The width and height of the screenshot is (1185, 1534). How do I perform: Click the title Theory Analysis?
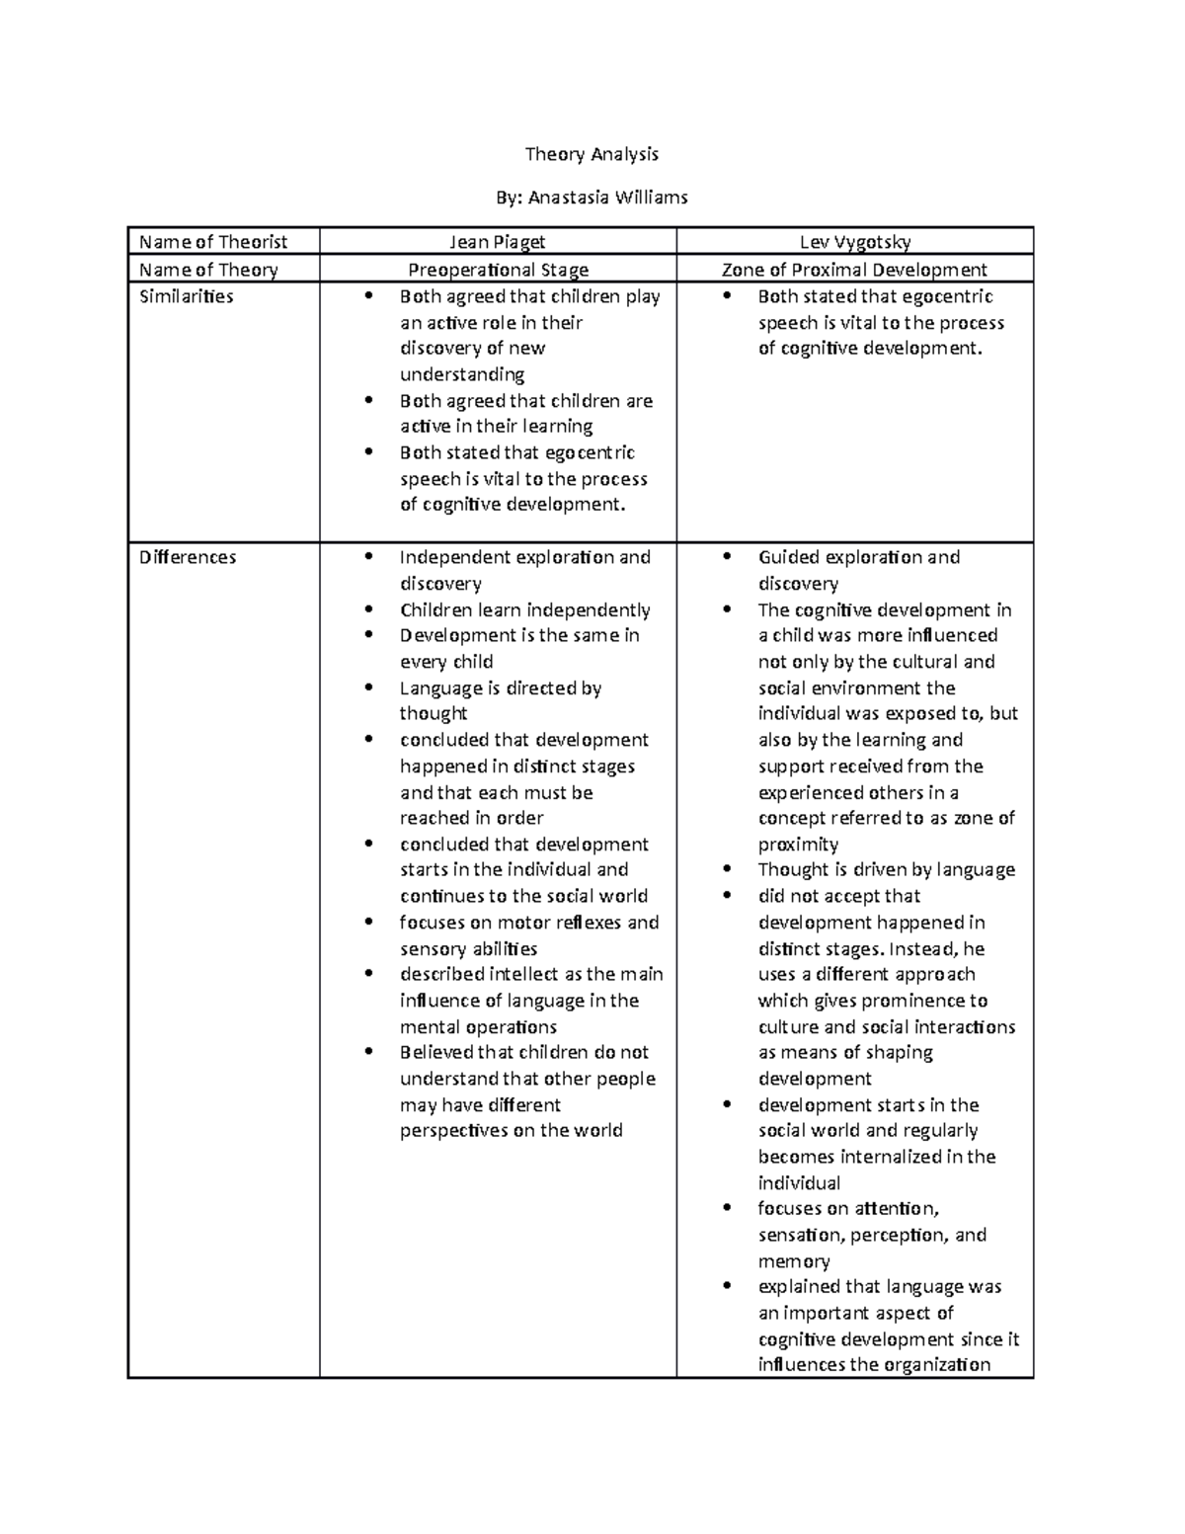pyautogui.click(x=592, y=154)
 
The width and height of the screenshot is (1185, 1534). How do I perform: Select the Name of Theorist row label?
pyautogui.click(x=213, y=242)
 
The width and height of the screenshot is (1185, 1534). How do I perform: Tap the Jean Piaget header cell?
pyautogui.click(x=498, y=242)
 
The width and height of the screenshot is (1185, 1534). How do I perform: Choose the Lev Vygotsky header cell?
pyautogui.click(x=855, y=242)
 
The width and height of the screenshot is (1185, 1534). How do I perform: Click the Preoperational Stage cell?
pyautogui.click(x=499, y=270)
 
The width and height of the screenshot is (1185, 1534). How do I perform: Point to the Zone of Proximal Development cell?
pyautogui.click(x=854, y=270)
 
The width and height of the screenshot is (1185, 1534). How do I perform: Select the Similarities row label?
pyautogui.click(x=187, y=296)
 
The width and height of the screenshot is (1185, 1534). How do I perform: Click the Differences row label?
pyautogui.click(x=188, y=557)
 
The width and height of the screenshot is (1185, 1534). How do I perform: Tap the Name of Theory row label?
pyautogui.click(x=208, y=270)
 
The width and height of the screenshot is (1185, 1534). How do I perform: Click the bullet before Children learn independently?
pyautogui.click(x=369, y=609)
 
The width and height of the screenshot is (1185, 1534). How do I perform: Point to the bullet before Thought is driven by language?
pyautogui.click(x=728, y=869)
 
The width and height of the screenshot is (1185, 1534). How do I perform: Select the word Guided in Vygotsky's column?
pyautogui.click(x=789, y=557)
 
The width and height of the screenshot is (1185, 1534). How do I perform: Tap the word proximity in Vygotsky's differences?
pyautogui.click(x=798, y=845)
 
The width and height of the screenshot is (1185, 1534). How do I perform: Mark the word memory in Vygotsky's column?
pyautogui.click(x=794, y=1261)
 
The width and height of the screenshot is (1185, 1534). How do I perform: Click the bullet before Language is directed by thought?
pyautogui.click(x=369, y=687)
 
